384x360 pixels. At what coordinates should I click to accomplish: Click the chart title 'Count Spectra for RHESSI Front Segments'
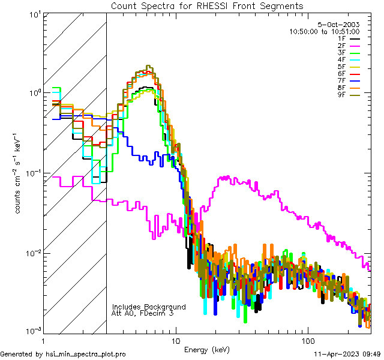[x=207, y=5]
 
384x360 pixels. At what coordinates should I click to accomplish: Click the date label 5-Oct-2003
[x=338, y=25]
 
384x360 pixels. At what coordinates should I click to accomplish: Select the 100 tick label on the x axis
[x=307, y=340]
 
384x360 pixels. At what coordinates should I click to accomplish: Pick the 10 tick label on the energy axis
[x=175, y=340]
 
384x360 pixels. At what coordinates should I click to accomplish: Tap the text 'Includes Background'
[x=149, y=307]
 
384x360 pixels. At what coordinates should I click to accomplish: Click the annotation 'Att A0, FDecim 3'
[x=143, y=313]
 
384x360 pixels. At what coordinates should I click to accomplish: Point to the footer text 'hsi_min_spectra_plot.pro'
[x=86, y=354]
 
